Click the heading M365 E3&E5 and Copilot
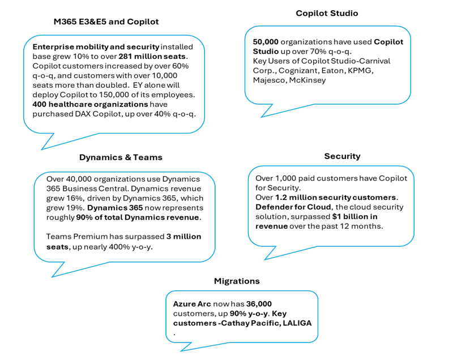[x=106, y=22]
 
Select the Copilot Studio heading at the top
[x=327, y=13]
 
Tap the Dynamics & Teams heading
[x=121, y=157]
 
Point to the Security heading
[x=342, y=156]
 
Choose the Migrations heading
[x=237, y=281]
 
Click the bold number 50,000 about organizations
[x=266, y=42]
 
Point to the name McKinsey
[x=308, y=80]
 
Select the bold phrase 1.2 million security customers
[x=336, y=198]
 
